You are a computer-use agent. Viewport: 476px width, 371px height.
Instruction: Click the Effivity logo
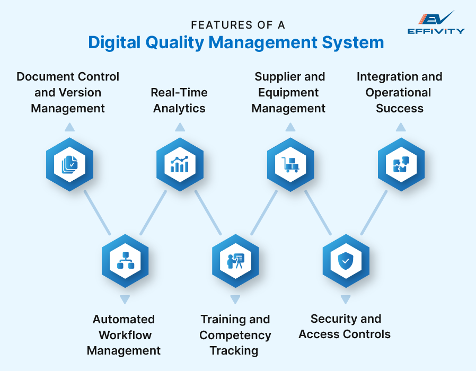pyautogui.click(x=436, y=23)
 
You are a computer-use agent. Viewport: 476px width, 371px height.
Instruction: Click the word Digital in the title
pyautogui.click(x=112, y=42)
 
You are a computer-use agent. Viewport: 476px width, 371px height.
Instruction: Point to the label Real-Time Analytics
pyautogui.click(x=179, y=100)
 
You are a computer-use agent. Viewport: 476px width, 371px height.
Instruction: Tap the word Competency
pyautogui.click(x=235, y=335)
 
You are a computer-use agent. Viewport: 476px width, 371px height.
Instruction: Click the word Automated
pyautogui.click(x=124, y=319)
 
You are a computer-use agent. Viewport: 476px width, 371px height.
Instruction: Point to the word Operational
pyautogui.click(x=399, y=92)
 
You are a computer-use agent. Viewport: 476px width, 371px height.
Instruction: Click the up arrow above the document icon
pyautogui.click(x=69, y=127)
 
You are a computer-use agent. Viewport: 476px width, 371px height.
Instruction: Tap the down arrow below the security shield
pyautogui.click(x=346, y=299)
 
